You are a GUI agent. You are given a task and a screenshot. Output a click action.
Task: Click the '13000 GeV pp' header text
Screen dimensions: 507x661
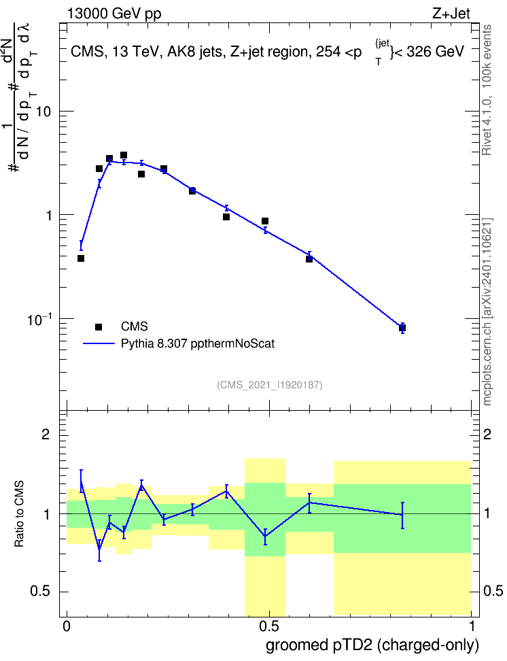[x=114, y=14]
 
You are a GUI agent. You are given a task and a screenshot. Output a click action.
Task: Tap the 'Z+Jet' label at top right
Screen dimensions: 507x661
[x=451, y=14]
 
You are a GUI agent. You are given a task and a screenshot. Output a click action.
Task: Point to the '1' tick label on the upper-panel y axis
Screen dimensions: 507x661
[x=48, y=216]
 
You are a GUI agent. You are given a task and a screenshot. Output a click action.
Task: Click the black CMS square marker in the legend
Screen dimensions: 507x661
[x=99, y=326]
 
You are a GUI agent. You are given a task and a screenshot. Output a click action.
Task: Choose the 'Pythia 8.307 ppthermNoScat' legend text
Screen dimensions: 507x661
[x=198, y=343]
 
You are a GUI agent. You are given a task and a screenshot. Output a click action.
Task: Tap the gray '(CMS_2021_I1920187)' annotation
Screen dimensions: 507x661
[x=270, y=385]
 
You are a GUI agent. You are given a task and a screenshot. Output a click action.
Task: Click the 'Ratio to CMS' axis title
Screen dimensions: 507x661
[x=19, y=514]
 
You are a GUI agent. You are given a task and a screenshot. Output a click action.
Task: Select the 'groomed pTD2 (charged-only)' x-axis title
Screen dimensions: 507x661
[x=372, y=645]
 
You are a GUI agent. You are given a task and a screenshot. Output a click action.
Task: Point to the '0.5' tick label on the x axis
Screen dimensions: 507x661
[x=269, y=626]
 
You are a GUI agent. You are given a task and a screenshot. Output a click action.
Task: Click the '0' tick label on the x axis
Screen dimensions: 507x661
[x=67, y=626]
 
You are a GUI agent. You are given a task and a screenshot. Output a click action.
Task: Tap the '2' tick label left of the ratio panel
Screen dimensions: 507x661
[x=46, y=435]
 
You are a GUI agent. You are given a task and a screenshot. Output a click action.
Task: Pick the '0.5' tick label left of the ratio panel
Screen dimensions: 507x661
[x=41, y=592]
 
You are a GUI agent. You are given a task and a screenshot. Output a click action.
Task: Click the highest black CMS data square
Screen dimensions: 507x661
[x=124, y=155]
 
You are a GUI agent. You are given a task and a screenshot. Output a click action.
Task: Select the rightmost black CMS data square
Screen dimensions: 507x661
[x=402, y=328]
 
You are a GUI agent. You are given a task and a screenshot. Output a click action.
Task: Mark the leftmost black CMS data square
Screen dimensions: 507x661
[x=81, y=258]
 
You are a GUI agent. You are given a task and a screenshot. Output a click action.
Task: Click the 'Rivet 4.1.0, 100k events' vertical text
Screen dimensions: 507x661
[x=487, y=90]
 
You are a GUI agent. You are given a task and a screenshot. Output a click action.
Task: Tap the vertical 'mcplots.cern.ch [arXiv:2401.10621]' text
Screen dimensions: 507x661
[x=487, y=312]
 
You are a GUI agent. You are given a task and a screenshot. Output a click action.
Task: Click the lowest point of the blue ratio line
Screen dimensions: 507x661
[x=99, y=548]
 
